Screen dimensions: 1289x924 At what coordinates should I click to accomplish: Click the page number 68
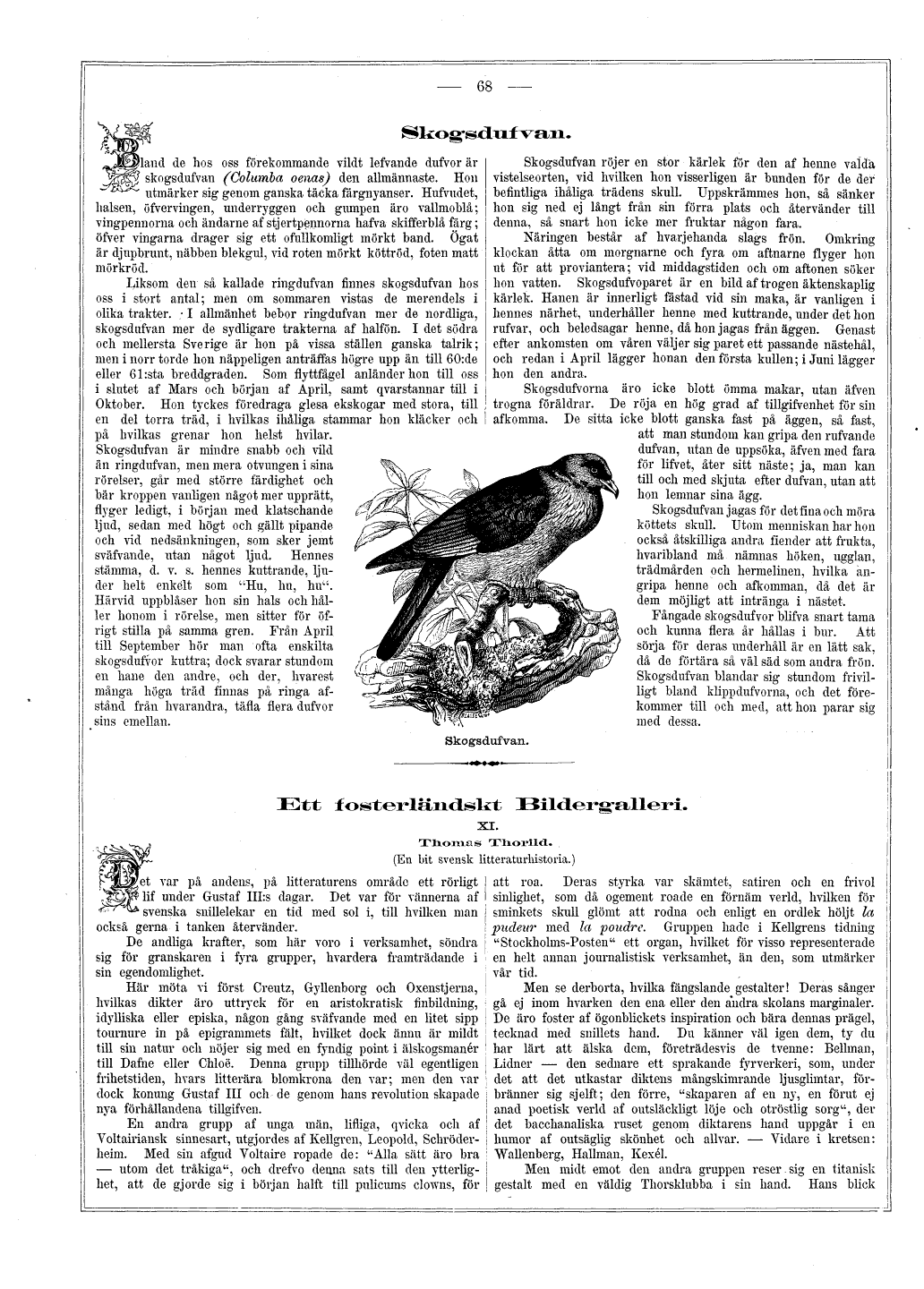click(485, 86)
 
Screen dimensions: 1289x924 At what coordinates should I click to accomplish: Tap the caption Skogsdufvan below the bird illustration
click(486, 740)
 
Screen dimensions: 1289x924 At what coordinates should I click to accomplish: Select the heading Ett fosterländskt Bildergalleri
click(483, 805)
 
